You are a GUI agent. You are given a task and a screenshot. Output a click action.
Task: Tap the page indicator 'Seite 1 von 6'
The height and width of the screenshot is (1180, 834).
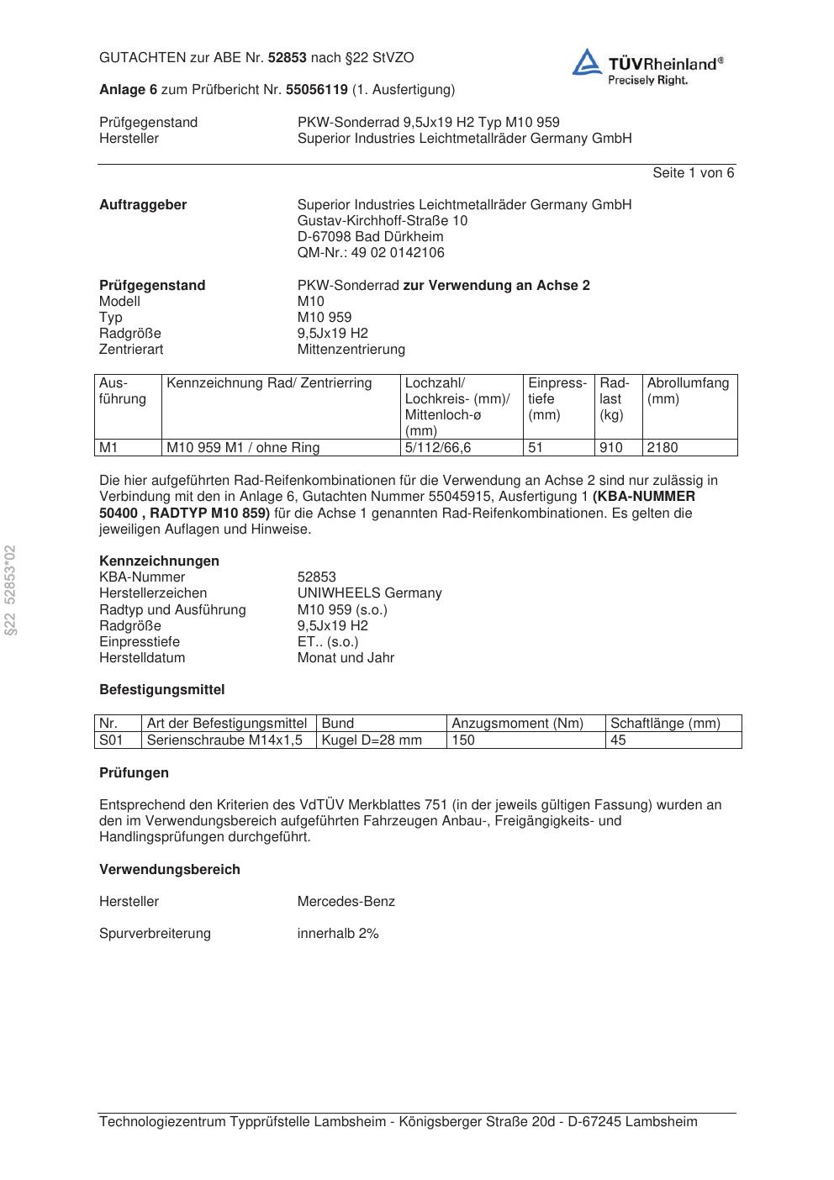click(693, 173)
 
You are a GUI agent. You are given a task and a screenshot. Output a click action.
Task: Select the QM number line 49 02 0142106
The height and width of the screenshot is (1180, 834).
click(371, 253)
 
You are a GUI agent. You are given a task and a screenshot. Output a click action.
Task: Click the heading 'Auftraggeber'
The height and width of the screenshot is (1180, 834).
click(143, 205)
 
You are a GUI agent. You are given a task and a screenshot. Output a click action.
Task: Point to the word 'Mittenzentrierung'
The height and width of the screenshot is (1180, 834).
click(351, 350)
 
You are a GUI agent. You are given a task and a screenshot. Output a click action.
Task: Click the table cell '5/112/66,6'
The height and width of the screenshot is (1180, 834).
click(438, 448)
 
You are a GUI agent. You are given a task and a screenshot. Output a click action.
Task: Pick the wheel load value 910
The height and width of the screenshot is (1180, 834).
click(611, 448)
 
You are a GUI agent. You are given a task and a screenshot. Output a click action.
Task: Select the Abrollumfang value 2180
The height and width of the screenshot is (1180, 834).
click(662, 448)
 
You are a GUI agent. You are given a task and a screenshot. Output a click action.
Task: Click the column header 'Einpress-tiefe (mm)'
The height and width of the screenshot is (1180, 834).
click(557, 399)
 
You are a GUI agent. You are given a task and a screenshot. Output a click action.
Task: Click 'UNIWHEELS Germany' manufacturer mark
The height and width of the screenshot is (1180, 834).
click(369, 593)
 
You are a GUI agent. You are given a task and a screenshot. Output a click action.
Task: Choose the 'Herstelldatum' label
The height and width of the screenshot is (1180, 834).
click(142, 658)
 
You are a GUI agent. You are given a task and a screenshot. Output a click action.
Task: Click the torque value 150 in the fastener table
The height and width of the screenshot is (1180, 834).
click(463, 740)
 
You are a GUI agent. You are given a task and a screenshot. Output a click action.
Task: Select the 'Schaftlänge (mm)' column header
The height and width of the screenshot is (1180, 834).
click(665, 724)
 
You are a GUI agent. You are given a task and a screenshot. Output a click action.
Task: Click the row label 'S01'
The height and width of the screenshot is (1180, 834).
click(111, 740)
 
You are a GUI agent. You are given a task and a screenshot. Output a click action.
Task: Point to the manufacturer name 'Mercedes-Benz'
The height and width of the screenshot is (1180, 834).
click(346, 902)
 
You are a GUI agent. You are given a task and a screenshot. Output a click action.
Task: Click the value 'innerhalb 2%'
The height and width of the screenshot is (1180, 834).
click(338, 934)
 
